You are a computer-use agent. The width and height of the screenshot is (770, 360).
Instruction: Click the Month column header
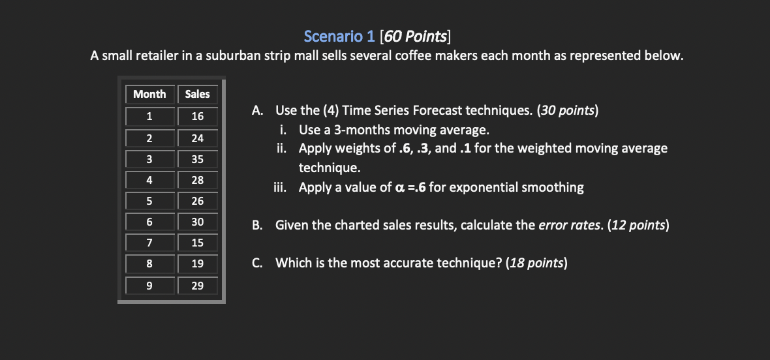tap(149, 94)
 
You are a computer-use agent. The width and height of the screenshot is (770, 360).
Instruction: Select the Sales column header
tap(197, 94)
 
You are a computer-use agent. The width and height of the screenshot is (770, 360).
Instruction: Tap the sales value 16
tap(197, 116)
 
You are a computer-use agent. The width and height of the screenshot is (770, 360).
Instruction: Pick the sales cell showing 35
tap(197, 159)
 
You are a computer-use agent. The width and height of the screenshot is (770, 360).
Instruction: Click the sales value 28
tap(197, 180)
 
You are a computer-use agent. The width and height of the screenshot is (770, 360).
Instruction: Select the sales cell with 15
tap(197, 243)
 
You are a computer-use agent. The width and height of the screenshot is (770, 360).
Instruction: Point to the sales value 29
tap(197, 286)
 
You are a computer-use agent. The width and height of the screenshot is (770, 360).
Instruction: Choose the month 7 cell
tap(149, 243)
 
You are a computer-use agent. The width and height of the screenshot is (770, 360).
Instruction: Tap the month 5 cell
tap(149, 201)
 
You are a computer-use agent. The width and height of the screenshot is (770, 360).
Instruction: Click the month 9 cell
tap(149, 286)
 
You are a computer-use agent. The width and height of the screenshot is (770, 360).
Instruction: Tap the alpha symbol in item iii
tap(401, 188)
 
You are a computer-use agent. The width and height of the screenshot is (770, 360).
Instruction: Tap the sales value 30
tap(197, 222)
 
